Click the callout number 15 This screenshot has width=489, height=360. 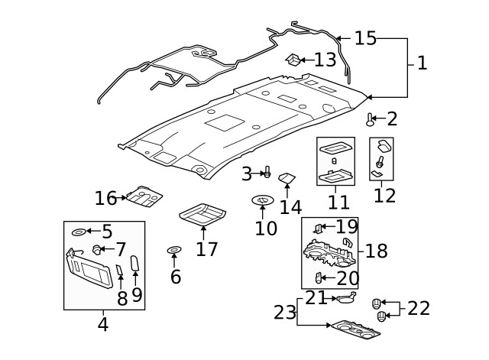pyautogui.click(x=365, y=38)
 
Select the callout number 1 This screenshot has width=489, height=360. pyautogui.click(x=422, y=63)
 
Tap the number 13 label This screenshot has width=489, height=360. pyautogui.click(x=325, y=60)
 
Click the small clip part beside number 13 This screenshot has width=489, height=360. pyautogui.click(x=292, y=59)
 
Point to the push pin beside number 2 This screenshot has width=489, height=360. pyautogui.click(x=371, y=119)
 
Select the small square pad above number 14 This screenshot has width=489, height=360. pyautogui.click(x=288, y=179)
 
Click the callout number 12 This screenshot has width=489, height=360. pyautogui.click(x=384, y=195)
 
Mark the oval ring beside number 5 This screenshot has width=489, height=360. pyautogui.click(x=79, y=232)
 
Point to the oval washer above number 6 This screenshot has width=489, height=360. pyautogui.click(x=174, y=251)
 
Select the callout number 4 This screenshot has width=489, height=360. pyautogui.click(x=102, y=324)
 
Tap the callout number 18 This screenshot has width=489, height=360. pyautogui.click(x=376, y=251)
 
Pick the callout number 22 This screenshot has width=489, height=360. pyautogui.click(x=418, y=308)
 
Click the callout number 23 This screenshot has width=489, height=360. pyautogui.click(x=284, y=312)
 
